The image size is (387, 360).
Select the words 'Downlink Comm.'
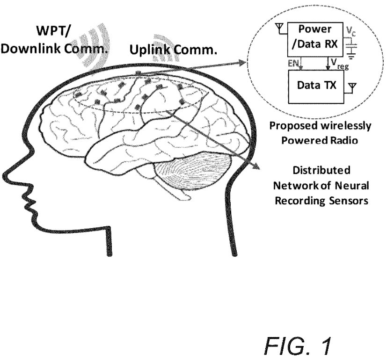[x=54, y=49]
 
